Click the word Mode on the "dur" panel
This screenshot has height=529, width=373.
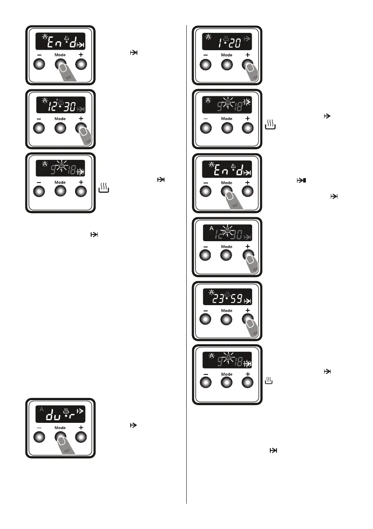[x=60, y=428]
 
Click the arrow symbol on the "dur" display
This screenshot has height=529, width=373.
[x=80, y=412]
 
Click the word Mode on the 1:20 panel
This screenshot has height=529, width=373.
[x=227, y=55]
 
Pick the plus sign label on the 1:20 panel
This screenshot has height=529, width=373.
[x=248, y=55]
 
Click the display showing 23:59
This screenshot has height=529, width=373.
[x=227, y=297]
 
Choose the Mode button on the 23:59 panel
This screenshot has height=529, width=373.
[x=227, y=319]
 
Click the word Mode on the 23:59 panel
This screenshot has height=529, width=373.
[x=227, y=310]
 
